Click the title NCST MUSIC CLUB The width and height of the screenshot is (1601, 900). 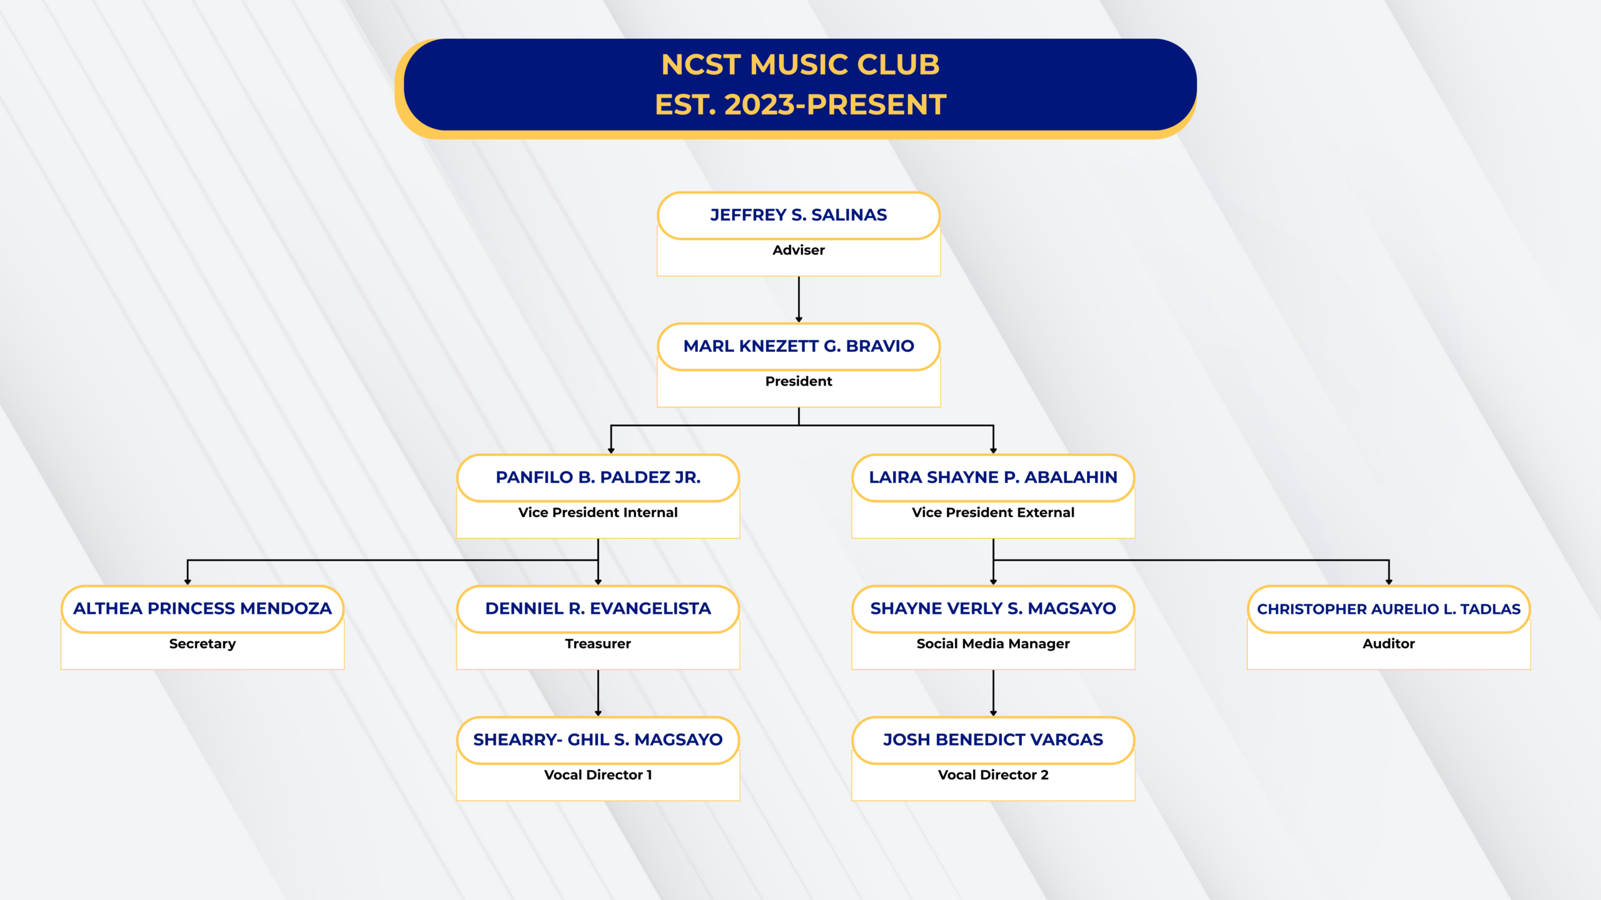(800, 65)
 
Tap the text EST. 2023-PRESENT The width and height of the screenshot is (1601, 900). (800, 105)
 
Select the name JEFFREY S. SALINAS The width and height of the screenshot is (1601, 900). (799, 215)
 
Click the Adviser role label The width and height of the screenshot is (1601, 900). (799, 250)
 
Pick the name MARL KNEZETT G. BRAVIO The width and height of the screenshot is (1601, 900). (799, 346)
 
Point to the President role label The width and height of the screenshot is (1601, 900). (799, 381)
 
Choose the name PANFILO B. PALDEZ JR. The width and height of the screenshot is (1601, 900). (598, 477)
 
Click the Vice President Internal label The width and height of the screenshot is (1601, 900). (598, 512)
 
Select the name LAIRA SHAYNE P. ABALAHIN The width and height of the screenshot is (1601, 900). (993, 477)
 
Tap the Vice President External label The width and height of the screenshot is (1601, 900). (993, 512)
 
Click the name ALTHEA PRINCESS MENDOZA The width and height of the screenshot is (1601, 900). (203, 609)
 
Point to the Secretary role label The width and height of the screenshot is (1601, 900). (203, 644)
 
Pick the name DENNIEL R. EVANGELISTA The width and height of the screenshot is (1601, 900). (598, 609)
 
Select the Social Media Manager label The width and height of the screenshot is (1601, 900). (993, 644)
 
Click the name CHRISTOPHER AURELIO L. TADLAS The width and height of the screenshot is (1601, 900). (1388, 609)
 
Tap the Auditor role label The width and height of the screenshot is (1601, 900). (1388, 644)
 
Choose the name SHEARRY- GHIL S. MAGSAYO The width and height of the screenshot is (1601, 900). (598, 740)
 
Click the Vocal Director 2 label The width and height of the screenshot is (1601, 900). (993, 775)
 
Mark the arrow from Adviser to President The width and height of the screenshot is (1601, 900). (799, 299)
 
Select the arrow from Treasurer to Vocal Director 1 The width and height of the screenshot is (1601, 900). (598, 692)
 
